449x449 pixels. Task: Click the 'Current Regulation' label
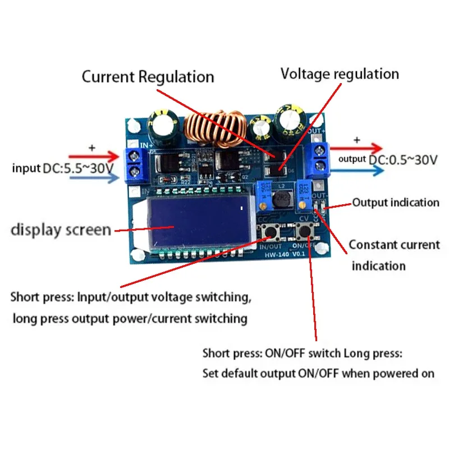click(148, 77)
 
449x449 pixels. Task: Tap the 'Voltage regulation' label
click(340, 74)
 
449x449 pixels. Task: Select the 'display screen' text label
click(61, 230)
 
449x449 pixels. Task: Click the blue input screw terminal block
click(133, 164)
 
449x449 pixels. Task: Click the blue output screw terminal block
click(321, 158)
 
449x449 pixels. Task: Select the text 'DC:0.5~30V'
click(403, 159)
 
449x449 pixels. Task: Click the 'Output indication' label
click(396, 203)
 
